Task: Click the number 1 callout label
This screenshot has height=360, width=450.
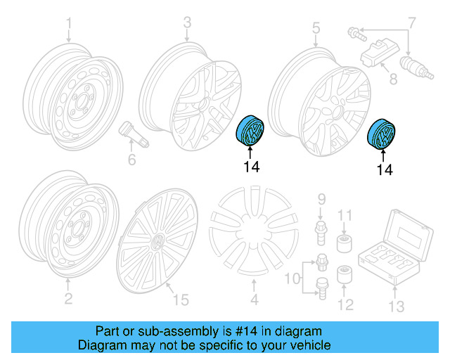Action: [x=69, y=25]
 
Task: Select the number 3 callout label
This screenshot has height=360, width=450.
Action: [x=187, y=23]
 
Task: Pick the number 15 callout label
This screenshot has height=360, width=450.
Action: [x=181, y=300]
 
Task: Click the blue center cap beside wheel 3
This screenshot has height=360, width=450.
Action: [x=251, y=130]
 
